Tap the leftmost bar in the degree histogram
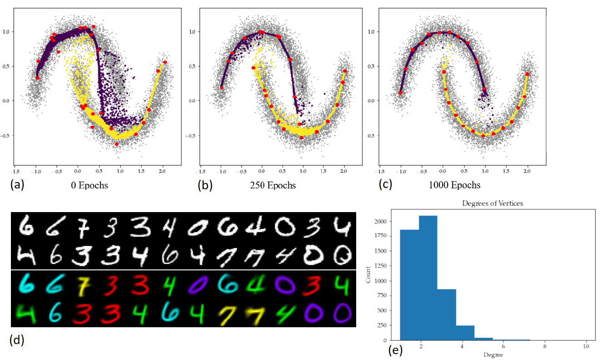409,284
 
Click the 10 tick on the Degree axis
586,346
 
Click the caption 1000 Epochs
454,185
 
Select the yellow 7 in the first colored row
81,285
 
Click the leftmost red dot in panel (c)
400,92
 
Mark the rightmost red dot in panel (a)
165,62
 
